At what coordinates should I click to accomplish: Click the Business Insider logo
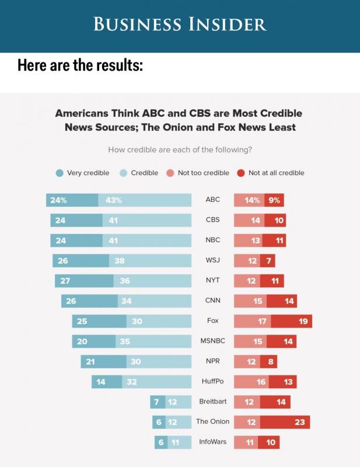pyautogui.click(x=180, y=24)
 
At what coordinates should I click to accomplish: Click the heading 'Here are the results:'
pyautogui.click(x=80, y=65)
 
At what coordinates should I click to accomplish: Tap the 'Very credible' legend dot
pyautogui.click(x=60, y=173)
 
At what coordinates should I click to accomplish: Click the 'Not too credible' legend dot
pyautogui.click(x=170, y=173)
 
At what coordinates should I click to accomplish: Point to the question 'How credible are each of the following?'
pyautogui.click(x=180, y=149)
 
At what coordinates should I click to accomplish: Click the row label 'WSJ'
pyautogui.click(x=212, y=260)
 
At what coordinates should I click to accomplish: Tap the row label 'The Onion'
pyautogui.click(x=212, y=422)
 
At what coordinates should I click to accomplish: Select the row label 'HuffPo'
pyautogui.click(x=212, y=382)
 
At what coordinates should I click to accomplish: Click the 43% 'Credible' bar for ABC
pyautogui.click(x=145, y=200)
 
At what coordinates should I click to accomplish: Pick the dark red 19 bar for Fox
pyautogui.click(x=291, y=321)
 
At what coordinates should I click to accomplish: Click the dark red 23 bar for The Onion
pyautogui.click(x=285, y=422)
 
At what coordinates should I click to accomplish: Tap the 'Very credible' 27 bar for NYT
pyautogui.click(x=84, y=281)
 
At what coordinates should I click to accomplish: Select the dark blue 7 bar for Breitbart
pyautogui.click(x=156, y=402)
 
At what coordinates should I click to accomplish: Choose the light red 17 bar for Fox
pyautogui.click(x=252, y=321)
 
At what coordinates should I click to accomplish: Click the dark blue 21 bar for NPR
pyautogui.click(x=103, y=361)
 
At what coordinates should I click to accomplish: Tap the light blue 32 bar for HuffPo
pyautogui.click(x=156, y=382)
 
